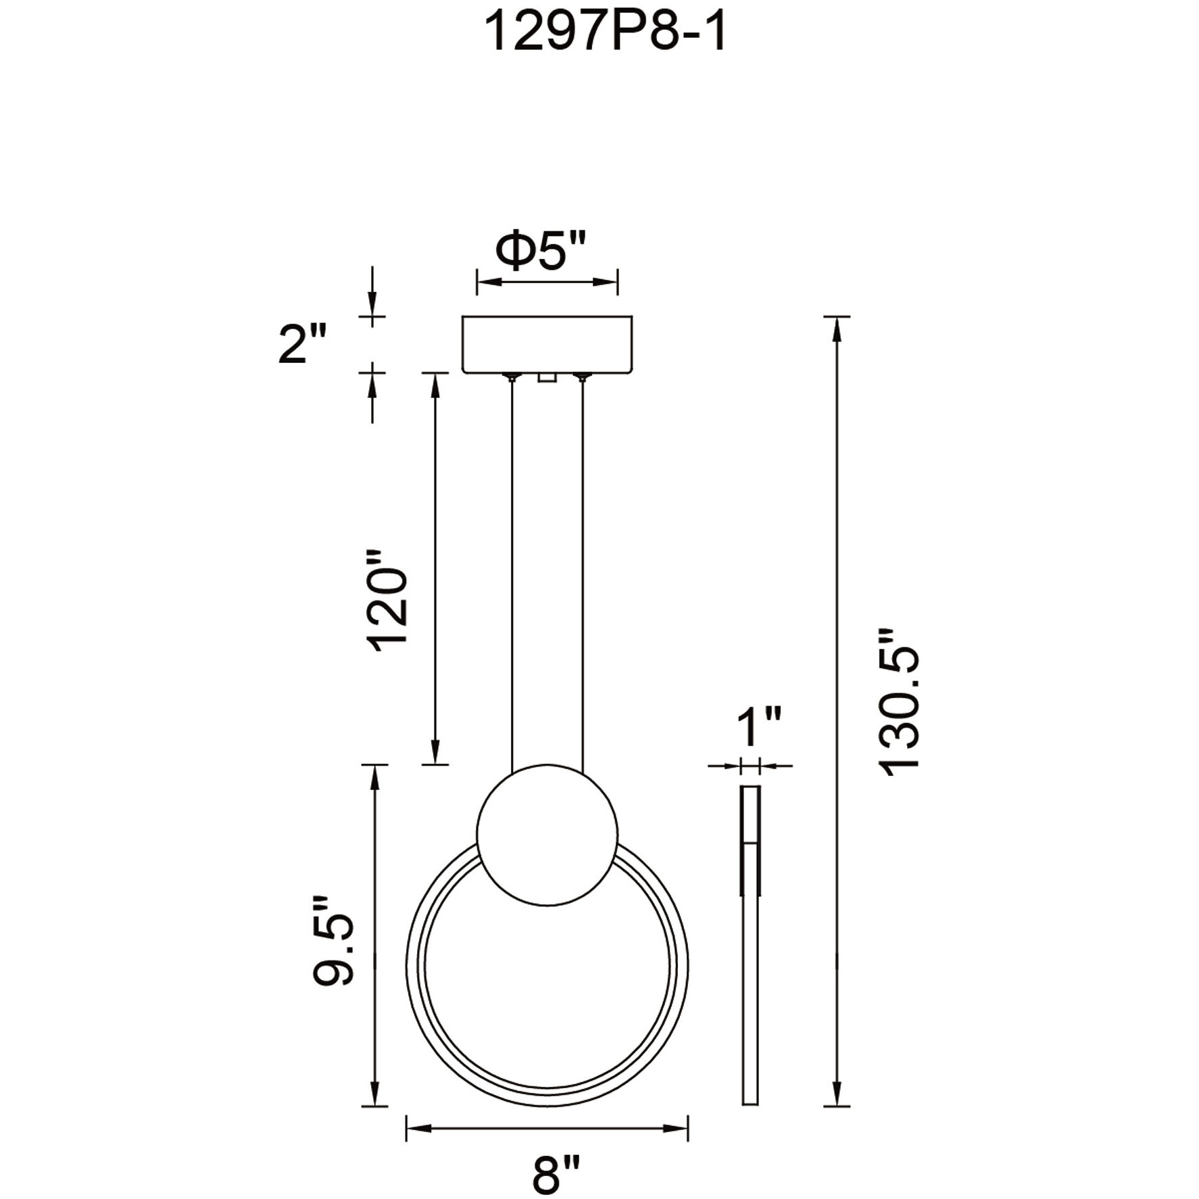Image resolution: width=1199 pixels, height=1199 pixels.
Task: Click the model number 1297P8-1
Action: [x=606, y=34]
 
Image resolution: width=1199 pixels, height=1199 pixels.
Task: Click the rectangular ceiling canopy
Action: [x=547, y=343]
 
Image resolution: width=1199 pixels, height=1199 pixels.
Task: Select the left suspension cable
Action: [x=513, y=574]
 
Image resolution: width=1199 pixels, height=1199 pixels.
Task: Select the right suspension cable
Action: [x=583, y=574]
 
